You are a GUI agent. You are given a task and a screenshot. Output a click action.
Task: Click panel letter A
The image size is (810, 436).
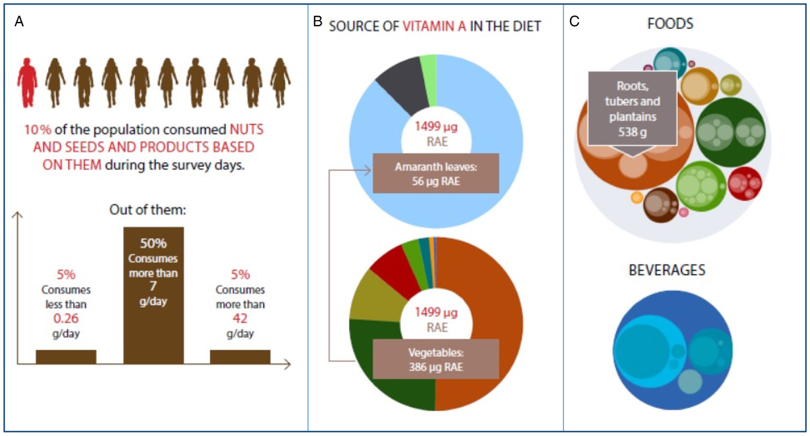tap(20, 22)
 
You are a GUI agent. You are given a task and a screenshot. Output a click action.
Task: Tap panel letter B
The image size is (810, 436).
tap(317, 22)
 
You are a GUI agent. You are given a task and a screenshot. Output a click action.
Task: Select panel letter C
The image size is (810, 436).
tap(574, 22)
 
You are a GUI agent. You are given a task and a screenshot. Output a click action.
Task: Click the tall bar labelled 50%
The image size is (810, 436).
tap(153, 295)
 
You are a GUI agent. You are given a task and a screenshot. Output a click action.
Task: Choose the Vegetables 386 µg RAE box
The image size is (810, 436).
tap(436, 360)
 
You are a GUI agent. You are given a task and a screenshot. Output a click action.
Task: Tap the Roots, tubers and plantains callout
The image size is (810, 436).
tap(632, 110)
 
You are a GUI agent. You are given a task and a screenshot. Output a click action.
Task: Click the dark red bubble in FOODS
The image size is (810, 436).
tap(745, 183)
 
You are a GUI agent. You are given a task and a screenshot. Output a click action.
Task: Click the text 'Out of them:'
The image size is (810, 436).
tap(153, 209)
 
